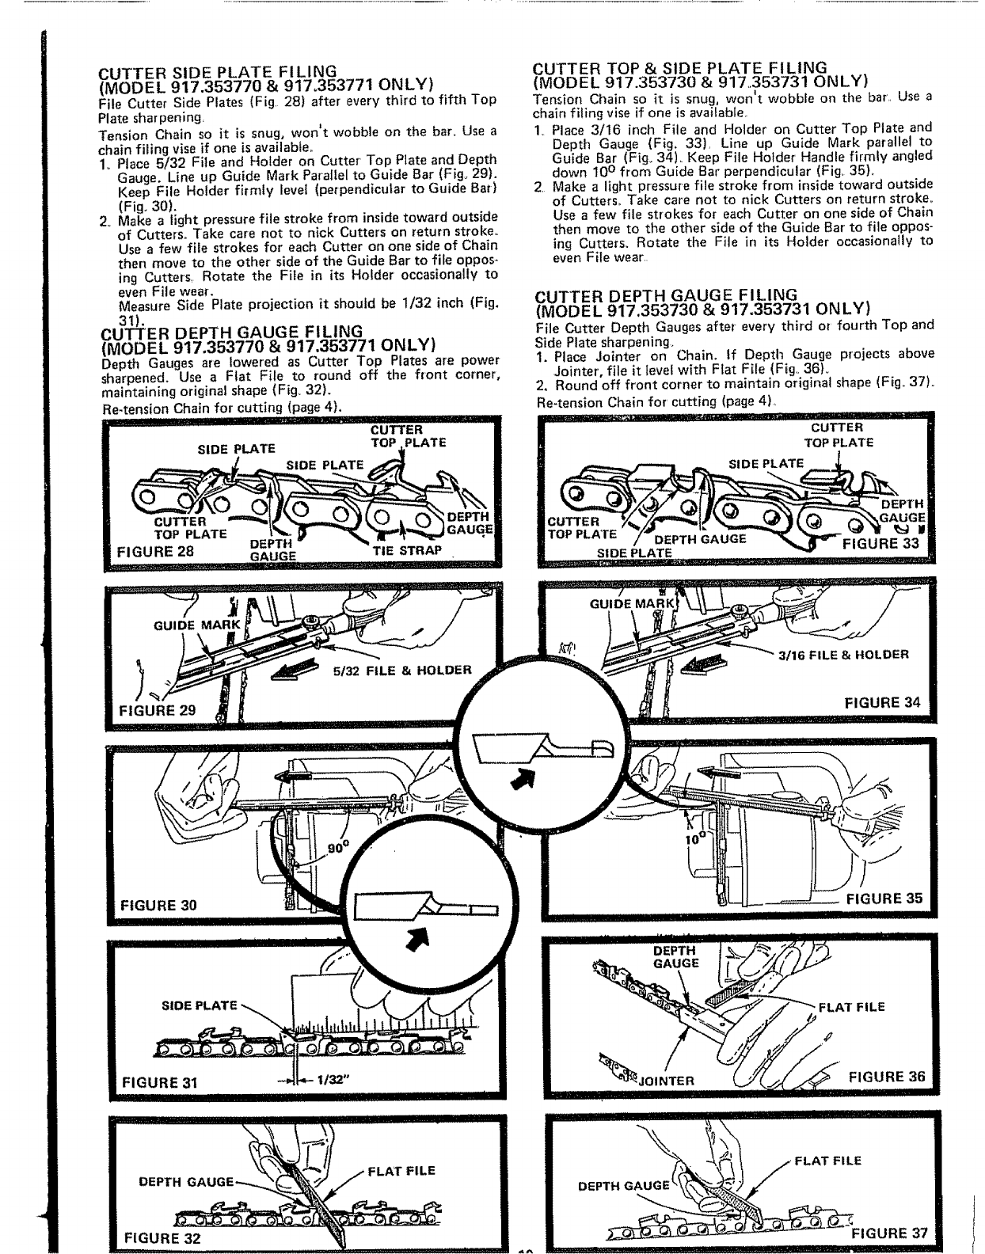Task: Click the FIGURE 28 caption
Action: pos(155,552)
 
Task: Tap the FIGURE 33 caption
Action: pos(881,543)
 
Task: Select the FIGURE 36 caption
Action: pos(886,1076)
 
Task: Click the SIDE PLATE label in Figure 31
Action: pos(200,1005)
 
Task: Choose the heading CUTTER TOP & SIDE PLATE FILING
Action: pos(681,67)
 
